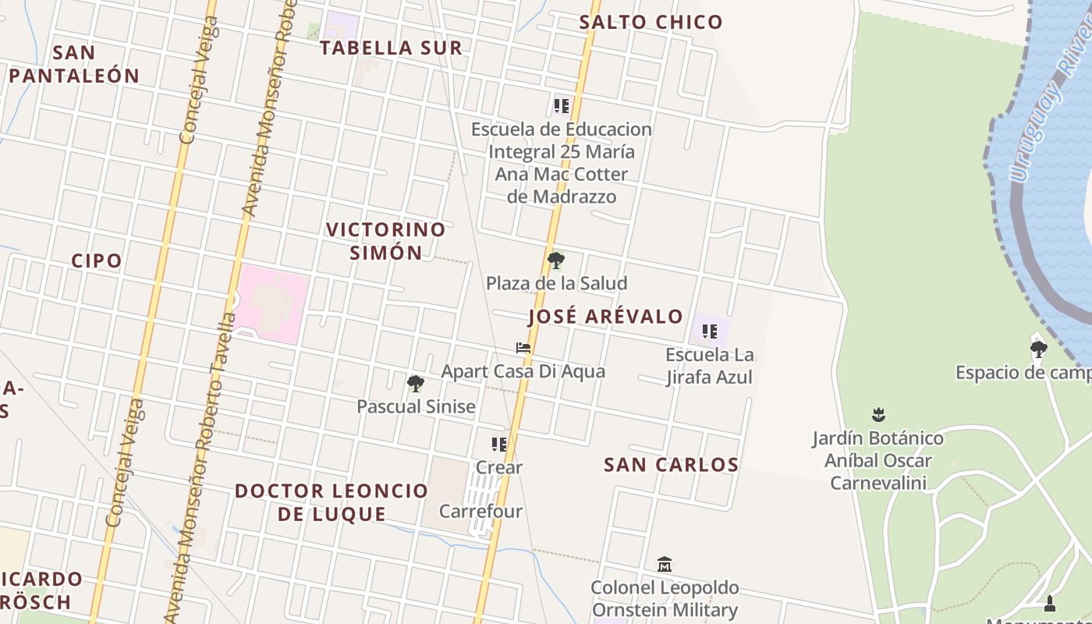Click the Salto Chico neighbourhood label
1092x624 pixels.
651,22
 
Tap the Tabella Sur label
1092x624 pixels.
392,48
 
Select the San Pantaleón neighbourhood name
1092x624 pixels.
74,64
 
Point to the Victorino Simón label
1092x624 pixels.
385,241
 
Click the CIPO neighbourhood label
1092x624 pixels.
97,261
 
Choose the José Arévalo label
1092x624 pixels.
605,317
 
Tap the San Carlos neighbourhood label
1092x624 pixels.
671,465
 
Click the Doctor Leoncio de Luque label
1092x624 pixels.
331,502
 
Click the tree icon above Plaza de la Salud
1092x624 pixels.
555,260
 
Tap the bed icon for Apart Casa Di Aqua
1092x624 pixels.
523,348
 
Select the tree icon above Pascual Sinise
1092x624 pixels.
416,383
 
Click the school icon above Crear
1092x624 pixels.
498,445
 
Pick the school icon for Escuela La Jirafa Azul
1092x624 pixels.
709,331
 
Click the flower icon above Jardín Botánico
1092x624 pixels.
878,414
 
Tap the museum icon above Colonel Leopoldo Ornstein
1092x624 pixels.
664,564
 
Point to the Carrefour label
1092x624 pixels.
480,512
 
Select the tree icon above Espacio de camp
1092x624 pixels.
1037,349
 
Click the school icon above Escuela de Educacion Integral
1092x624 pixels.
561,105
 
